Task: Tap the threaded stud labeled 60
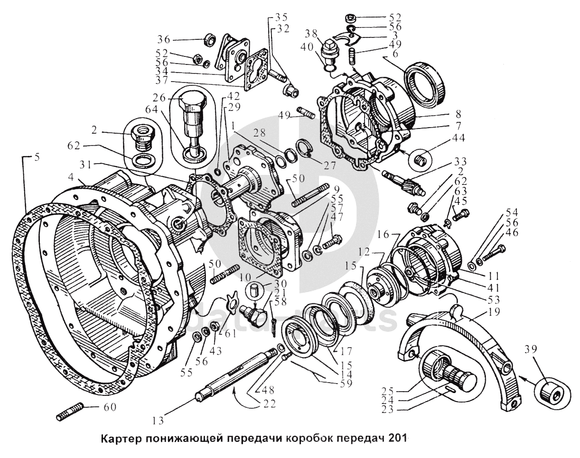pos(70,411)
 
